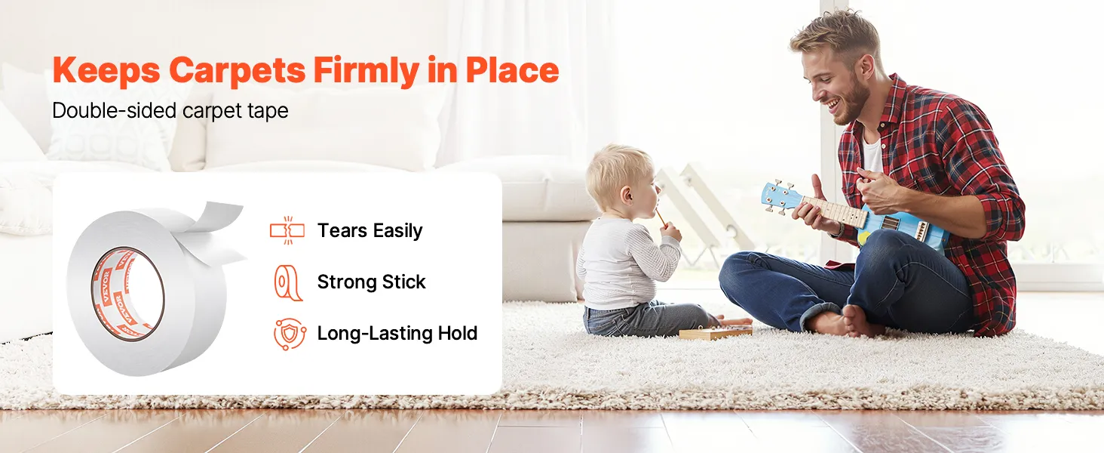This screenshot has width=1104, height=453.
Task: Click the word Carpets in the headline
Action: [237, 70]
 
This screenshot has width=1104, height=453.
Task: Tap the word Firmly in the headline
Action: [366, 70]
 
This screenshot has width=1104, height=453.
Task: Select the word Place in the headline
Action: [513, 69]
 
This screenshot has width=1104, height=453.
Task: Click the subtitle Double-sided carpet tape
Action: [170, 110]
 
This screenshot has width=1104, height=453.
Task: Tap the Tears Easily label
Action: [370, 230]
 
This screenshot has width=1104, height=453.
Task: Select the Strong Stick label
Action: [371, 282]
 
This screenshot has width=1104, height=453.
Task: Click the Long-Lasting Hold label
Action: [397, 333]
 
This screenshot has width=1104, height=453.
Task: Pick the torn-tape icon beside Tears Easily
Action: [287, 230]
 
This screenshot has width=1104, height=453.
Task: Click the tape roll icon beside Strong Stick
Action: [288, 282]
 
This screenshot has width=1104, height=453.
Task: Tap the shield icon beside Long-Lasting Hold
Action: [290, 334]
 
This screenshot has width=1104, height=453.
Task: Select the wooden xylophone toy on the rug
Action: [715, 334]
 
